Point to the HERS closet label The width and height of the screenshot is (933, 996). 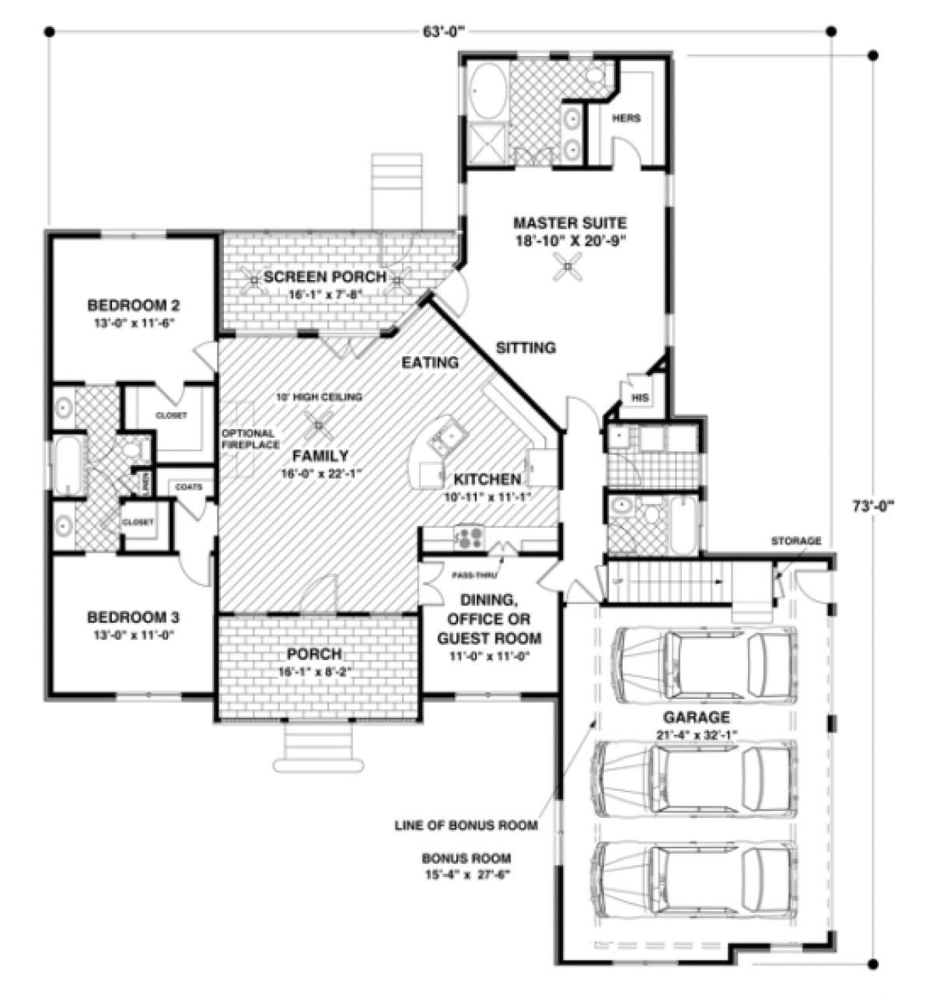click(626, 118)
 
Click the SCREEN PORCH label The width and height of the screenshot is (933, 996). click(324, 277)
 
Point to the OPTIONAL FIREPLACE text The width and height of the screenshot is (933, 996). click(247, 439)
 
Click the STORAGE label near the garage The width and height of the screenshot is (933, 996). click(795, 540)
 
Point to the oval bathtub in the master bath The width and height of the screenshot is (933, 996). click(487, 89)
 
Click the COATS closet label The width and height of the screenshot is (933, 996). click(188, 487)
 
